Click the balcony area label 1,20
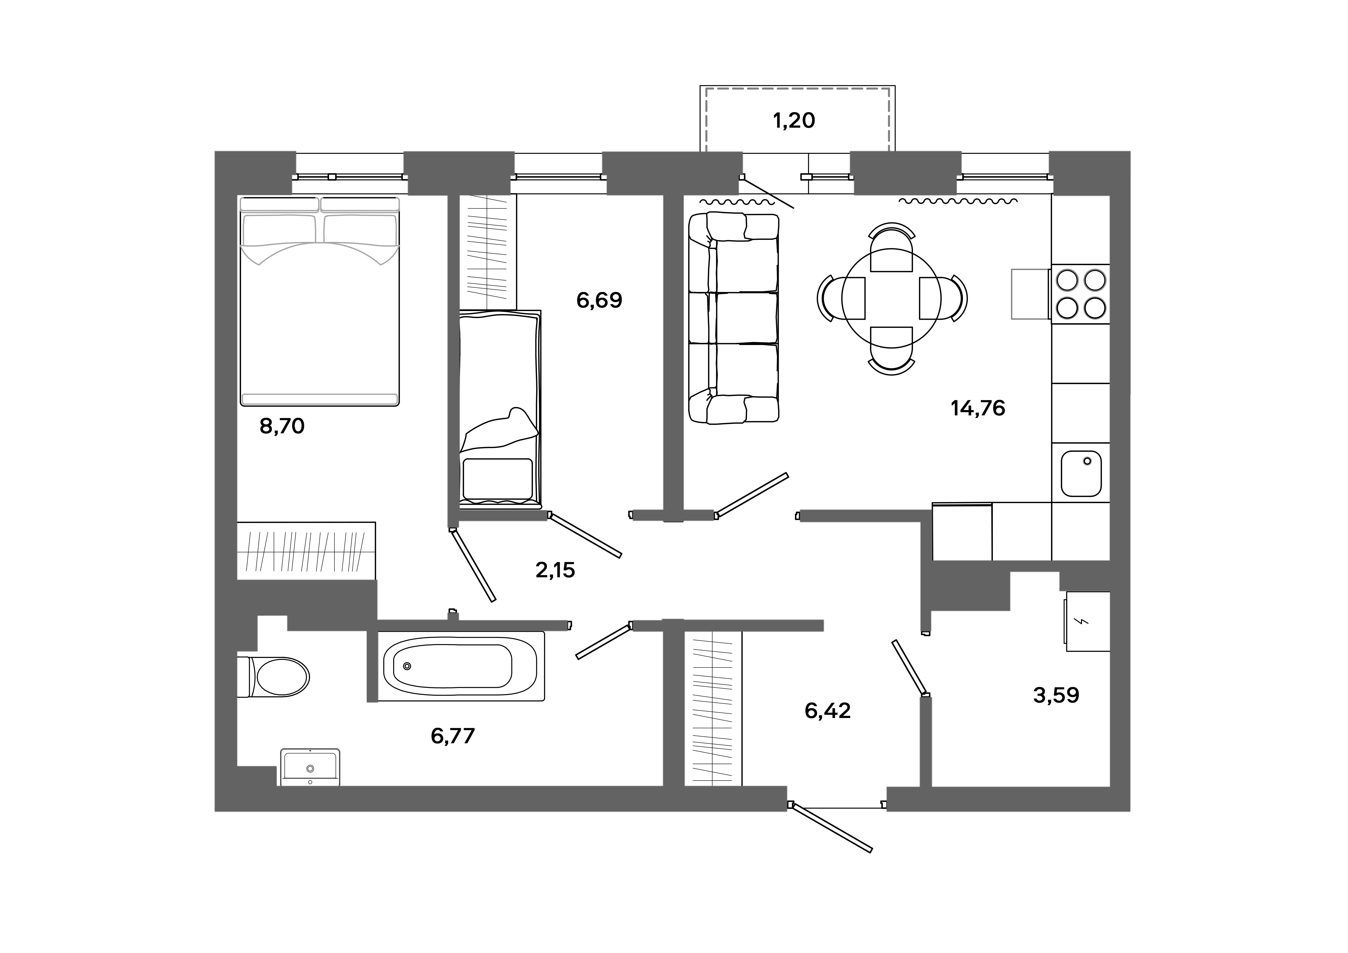[794, 120]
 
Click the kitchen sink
[1081, 474]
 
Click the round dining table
[891, 298]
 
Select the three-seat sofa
[734, 318]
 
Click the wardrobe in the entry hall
[713, 708]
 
